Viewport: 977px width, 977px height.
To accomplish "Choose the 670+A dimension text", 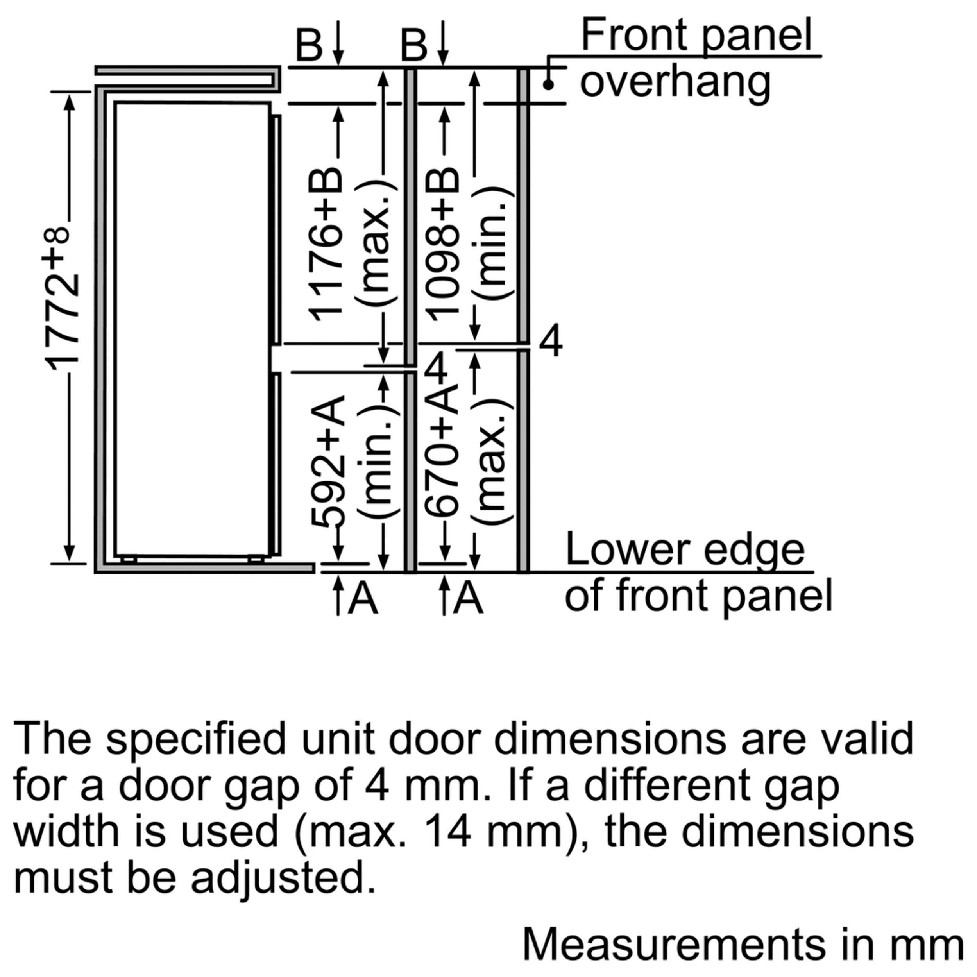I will point(441,455).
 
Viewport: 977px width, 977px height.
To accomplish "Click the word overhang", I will point(675,82).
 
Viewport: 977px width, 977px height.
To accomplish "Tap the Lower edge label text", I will point(685,550).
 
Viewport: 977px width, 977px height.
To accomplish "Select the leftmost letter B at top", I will point(308,45).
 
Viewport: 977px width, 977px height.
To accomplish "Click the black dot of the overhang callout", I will point(548,85).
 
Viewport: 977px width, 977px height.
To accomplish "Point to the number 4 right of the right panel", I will point(550,341).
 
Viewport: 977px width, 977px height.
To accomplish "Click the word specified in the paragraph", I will point(196,739).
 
